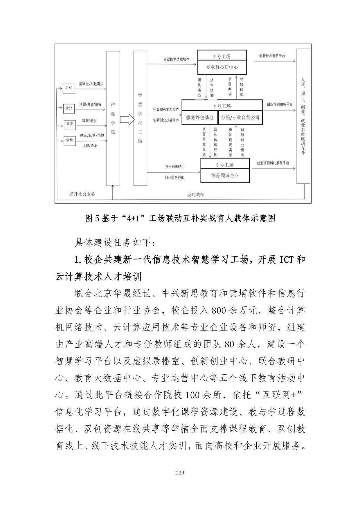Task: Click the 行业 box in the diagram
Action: [69, 88]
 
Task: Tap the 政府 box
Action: [69, 124]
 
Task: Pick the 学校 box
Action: [69, 140]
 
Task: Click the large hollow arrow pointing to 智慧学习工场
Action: [127, 119]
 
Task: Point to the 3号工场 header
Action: [222, 56]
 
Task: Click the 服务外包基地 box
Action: [199, 118]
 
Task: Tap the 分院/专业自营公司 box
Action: [240, 118]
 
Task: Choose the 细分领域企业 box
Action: [225, 176]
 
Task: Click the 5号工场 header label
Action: [225, 165]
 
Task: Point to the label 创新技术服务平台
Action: [272, 56]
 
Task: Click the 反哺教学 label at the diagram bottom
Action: [195, 194]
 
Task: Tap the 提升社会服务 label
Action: [82, 194]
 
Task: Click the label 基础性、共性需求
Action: [91, 84]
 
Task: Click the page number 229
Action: [180, 472]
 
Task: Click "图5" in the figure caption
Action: [92, 218]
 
